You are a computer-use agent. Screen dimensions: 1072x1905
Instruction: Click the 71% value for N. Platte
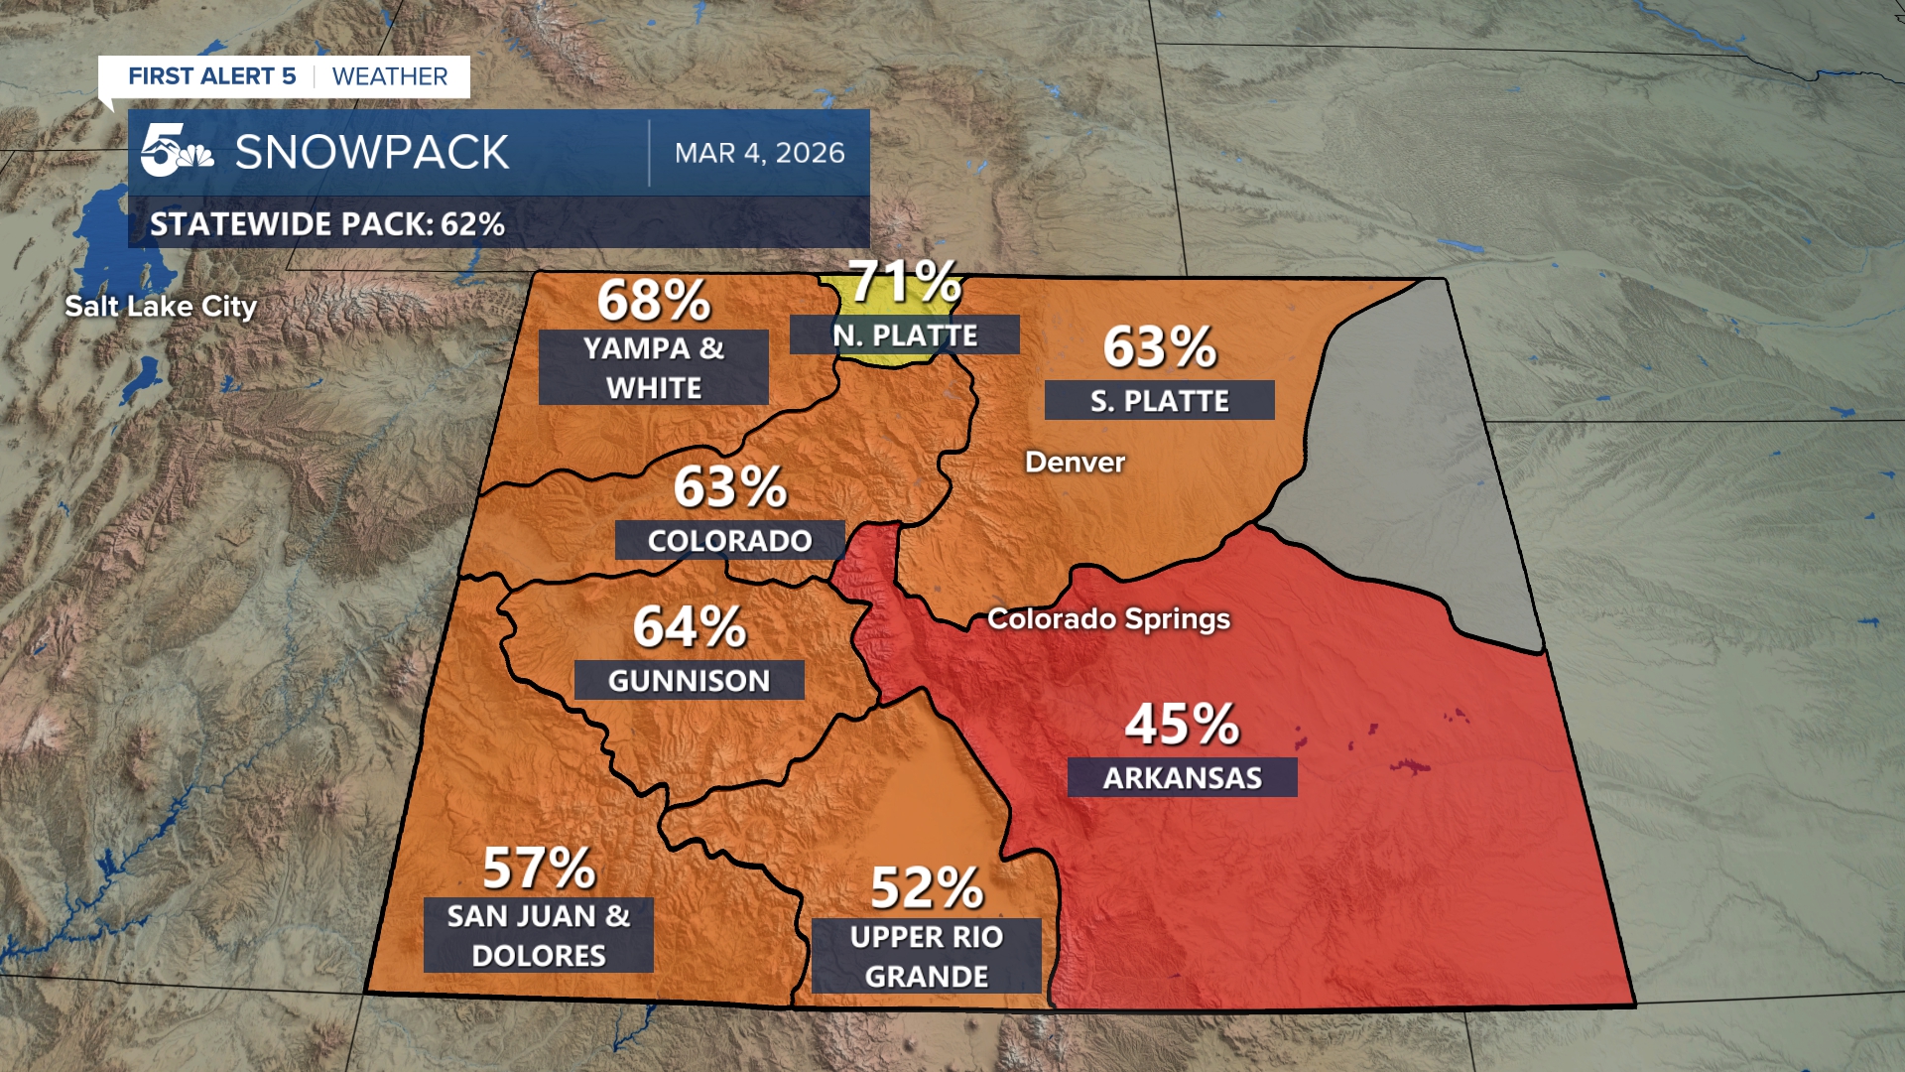[x=904, y=282]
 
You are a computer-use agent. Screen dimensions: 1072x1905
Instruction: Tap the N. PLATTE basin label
[x=904, y=335]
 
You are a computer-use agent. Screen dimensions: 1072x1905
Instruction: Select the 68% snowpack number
[x=653, y=300]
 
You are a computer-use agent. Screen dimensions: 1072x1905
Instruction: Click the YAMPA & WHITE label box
[x=653, y=367]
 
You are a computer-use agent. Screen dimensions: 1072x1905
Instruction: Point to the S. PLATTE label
[x=1159, y=400]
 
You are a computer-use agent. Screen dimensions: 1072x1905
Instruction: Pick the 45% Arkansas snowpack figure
[x=1181, y=724]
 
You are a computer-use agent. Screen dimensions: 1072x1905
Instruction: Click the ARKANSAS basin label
[x=1182, y=777]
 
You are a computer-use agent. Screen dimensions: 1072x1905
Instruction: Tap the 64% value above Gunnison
[x=690, y=627]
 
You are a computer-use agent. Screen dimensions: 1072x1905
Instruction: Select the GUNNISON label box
[x=689, y=680]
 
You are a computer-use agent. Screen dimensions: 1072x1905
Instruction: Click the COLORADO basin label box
[x=729, y=540]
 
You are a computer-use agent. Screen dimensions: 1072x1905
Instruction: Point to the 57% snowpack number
[x=539, y=869]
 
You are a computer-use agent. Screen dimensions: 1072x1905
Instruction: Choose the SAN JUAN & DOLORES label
[x=538, y=935]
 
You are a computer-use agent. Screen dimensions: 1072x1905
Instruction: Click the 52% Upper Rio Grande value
[x=927, y=888]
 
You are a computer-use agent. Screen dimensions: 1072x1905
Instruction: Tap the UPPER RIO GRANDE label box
[x=926, y=956]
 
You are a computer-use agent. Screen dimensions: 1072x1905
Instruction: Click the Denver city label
[x=1075, y=463]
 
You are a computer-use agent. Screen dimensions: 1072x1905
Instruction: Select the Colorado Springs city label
[x=1108, y=619]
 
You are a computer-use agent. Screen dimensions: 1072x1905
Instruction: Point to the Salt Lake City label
[x=161, y=307]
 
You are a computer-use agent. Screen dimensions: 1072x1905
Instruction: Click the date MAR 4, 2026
[x=759, y=153]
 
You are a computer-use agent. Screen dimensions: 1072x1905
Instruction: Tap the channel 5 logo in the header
[x=176, y=151]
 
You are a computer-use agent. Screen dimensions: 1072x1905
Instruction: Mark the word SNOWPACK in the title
[x=372, y=153]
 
